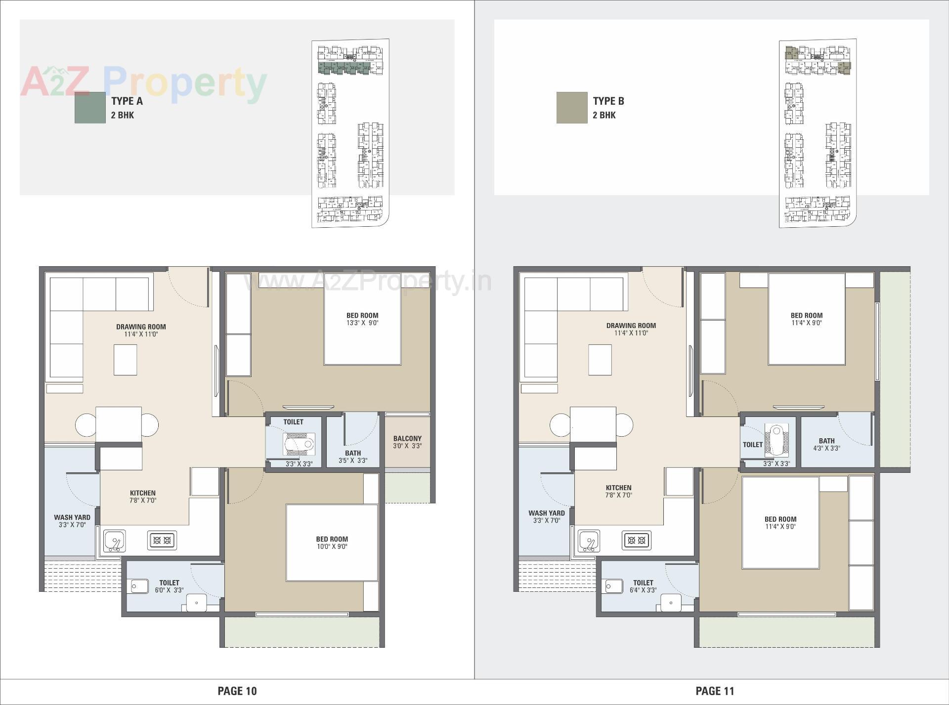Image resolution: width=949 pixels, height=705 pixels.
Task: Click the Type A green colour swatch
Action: (x=90, y=107)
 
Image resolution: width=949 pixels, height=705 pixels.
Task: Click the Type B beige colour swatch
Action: (x=572, y=107)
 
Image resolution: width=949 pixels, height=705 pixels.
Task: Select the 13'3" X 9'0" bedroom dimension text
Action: (x=362, y=323)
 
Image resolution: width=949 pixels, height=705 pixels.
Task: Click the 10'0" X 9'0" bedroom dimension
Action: (x=332, y=546)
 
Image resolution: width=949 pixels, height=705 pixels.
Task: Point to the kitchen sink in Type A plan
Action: (x=115, y=541)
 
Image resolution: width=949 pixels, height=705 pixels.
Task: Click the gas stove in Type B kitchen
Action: (x=637, y=540)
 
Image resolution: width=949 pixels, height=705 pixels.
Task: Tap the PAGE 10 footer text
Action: (x=237, y=691)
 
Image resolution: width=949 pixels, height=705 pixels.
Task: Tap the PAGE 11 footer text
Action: (x=715, y=691)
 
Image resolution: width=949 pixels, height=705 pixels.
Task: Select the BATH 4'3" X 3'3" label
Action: (x=826, y=444)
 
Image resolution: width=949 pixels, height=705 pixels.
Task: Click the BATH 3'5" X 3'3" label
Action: (x=353, y=456)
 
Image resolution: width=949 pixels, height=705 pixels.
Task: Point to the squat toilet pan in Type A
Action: (x=299, y=444)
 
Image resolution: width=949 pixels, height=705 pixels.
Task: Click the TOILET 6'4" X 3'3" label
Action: (x=643, y=586)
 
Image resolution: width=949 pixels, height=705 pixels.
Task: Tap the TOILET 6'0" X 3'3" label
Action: (x=169, y=586)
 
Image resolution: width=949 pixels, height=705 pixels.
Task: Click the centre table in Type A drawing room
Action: (x=125, y=360)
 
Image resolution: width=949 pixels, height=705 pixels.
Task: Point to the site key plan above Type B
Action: (x=818, y=133)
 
